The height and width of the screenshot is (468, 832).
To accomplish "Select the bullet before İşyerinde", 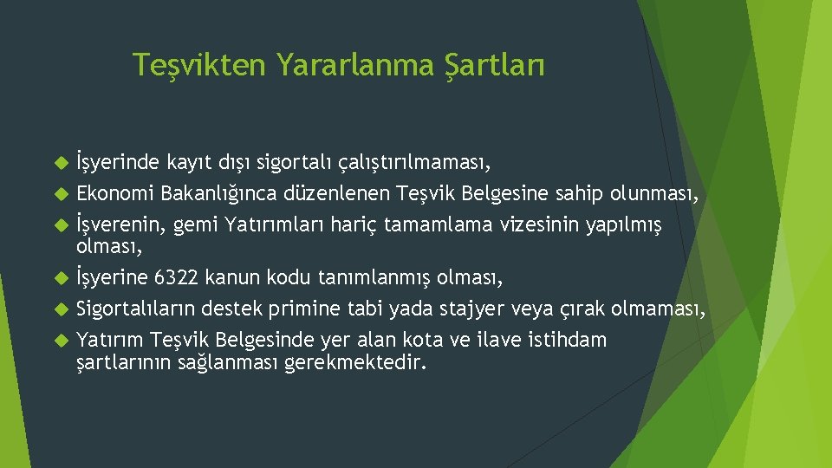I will [60, 161].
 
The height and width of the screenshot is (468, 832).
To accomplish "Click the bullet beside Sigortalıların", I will [60, 309].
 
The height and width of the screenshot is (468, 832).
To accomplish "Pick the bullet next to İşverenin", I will [60, 226].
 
